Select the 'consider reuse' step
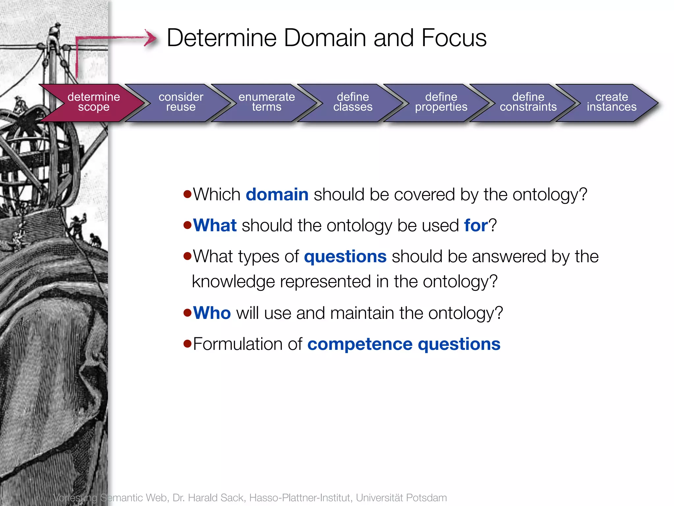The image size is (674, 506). pos(181,102)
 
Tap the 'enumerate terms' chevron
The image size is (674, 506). pos(267,102)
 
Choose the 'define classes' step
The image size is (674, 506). pos(353,102)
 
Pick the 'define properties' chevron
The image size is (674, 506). pos(441,102)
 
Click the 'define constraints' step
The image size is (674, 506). pos(528,102)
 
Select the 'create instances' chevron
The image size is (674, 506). pos(611,102)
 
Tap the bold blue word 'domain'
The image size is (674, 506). pos(277,194)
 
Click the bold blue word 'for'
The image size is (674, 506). pos(476,226)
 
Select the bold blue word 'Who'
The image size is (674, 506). pos(212,313)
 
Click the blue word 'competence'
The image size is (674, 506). pos(360,344)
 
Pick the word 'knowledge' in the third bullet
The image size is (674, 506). pos(233,282)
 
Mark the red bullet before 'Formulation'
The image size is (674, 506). pos(188,344)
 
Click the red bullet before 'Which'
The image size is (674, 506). pos(188,194)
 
